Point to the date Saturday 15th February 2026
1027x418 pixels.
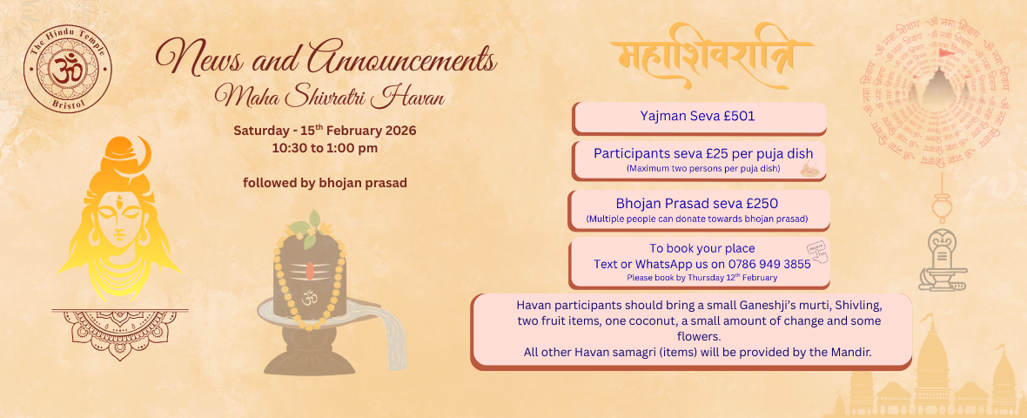325,131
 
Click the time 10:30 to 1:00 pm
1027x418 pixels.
325,147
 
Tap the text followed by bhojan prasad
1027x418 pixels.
325,183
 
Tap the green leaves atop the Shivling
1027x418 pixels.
305,226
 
